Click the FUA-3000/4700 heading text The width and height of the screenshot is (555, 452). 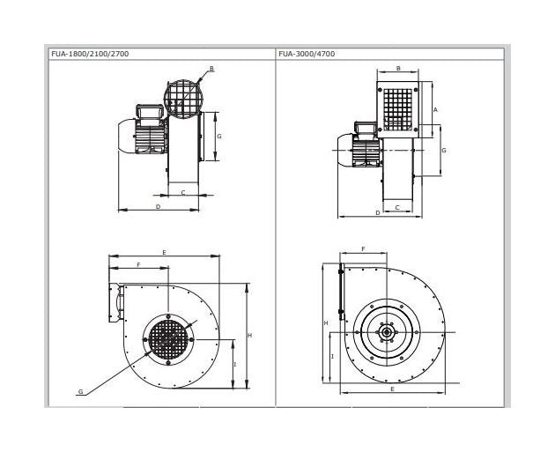pyautogui.click(x=306, y=54)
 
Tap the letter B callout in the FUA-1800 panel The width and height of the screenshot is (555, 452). pyautogui.click(x=211, y=68)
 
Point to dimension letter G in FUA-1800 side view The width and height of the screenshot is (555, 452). pyautogui.click(x=218, y=137)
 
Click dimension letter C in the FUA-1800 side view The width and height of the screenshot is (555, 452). pyautogui.click(x=182, y=190)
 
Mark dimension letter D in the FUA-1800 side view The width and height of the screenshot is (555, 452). pyautogui.click(x=158, y=206)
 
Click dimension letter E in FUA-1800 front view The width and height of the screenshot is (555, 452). pyautogui.click(x=165, y=252)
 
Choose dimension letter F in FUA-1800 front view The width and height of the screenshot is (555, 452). pyautogui.click(x=137, y=264)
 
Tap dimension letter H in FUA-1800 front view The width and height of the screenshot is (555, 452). pyautogui.click(x=251, y=336)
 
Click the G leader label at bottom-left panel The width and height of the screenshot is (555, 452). pyautogui.click(x=80, y=390)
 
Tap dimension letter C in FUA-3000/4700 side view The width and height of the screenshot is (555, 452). pyautogui.click(x=397, y=207)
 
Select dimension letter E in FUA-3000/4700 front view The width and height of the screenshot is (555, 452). pyautogui.click(x=391, y=389)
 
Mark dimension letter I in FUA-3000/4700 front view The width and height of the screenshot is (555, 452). pyautogui.click(x=331, y=356)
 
